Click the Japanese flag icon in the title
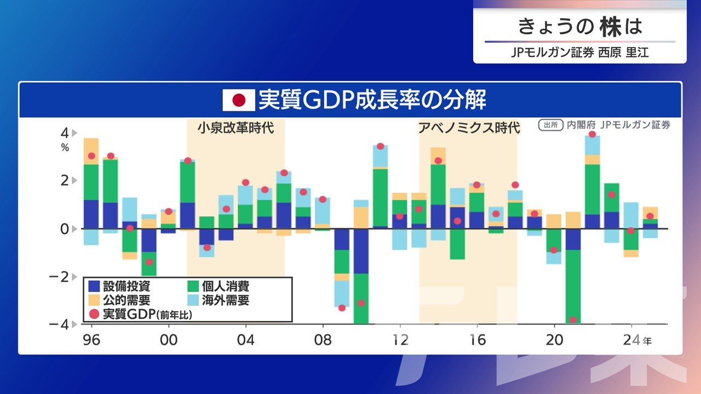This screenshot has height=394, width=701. click(239, 100)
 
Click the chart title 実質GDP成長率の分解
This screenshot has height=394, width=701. click(372, 100)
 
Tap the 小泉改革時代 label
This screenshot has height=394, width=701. click(235, 129)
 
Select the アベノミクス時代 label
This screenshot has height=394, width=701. click(469, 128)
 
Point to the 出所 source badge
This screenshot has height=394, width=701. click(551, 125)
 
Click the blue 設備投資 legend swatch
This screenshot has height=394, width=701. click(95, 285)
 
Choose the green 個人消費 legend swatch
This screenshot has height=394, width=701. click(193, 285)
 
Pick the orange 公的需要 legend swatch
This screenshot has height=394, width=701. click(95, 300)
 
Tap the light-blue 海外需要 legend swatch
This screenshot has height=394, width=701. click(193, 300)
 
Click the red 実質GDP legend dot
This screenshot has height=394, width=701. click(95, 314)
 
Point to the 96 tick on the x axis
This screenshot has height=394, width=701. click(91, 340)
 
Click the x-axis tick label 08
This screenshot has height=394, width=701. click(323, 340)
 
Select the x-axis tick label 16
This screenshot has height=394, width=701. click(478, 340)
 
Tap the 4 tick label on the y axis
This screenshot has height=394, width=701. click(65, 133)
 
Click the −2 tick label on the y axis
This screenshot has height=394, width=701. click(61, 276)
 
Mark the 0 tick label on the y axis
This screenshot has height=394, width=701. click(65, 229)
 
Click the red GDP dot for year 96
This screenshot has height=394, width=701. click(91, 156)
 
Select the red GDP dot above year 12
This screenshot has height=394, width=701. click(400, 216)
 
